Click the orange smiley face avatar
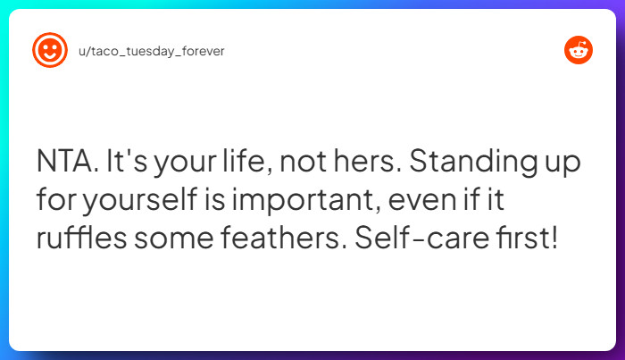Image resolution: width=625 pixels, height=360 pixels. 49,51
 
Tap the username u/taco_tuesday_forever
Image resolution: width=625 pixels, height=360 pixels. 151,51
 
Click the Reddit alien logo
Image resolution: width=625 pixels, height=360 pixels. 579,51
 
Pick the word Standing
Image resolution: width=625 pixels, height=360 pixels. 479,164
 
